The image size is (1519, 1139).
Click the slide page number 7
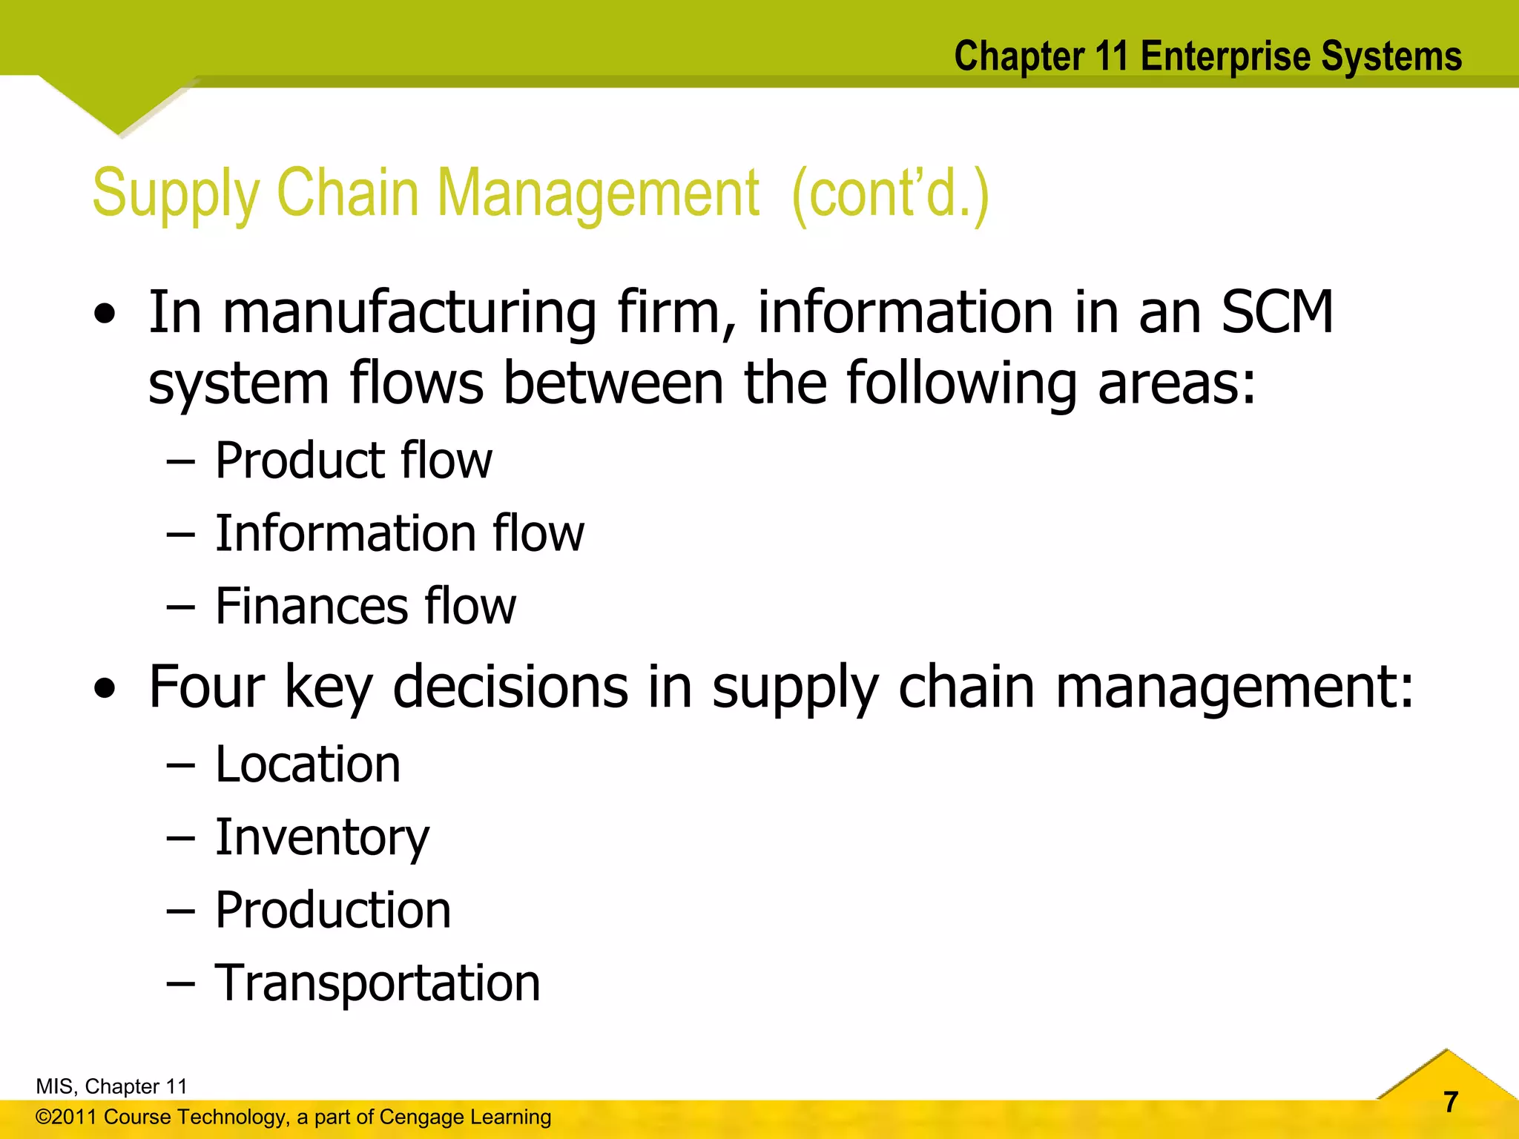tap(1451, 1102)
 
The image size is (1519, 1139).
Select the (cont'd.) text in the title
tap(890, 194)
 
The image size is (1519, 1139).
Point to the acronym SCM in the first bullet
tap(1277, 313)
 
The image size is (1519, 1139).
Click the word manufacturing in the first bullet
tap(409, 313)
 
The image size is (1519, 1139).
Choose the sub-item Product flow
tap(353, 460)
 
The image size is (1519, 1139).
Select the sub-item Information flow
tap(399, 533)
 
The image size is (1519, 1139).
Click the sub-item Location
tap(308, 765)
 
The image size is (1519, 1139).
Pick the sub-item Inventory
tap(322, 838)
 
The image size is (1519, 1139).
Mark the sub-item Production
tap(333, 910)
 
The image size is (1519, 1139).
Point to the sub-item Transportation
tap(378, 983)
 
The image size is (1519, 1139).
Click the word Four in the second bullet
tap(207, 687)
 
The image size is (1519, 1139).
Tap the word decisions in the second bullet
tap(510, 687)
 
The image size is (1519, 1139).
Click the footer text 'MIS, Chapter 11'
tap(111, 1086)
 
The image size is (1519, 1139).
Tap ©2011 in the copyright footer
tap(67, 1117)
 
